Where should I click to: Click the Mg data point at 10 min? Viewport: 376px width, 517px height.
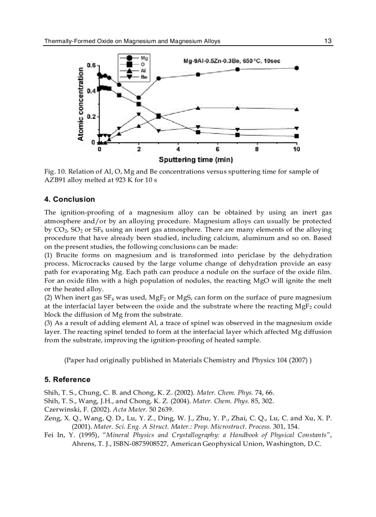coord(296,68)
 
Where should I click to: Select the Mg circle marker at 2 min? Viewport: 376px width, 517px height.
coord(139,98)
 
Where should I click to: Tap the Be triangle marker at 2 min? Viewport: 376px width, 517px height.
coord(139,114)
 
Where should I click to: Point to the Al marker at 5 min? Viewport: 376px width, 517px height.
coord(198,108)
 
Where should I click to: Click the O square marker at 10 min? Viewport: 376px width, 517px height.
coord(296,136)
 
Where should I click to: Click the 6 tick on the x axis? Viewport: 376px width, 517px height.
coord(217,149)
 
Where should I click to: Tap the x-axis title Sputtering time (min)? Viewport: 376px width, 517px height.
coord(195,160)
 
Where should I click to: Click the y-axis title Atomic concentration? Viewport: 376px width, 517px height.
coord(81,102)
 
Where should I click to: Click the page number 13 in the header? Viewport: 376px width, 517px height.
coord(328,41)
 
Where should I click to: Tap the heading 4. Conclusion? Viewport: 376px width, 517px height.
coord(70,199)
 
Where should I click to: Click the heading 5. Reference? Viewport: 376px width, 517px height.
coord(67,379)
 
